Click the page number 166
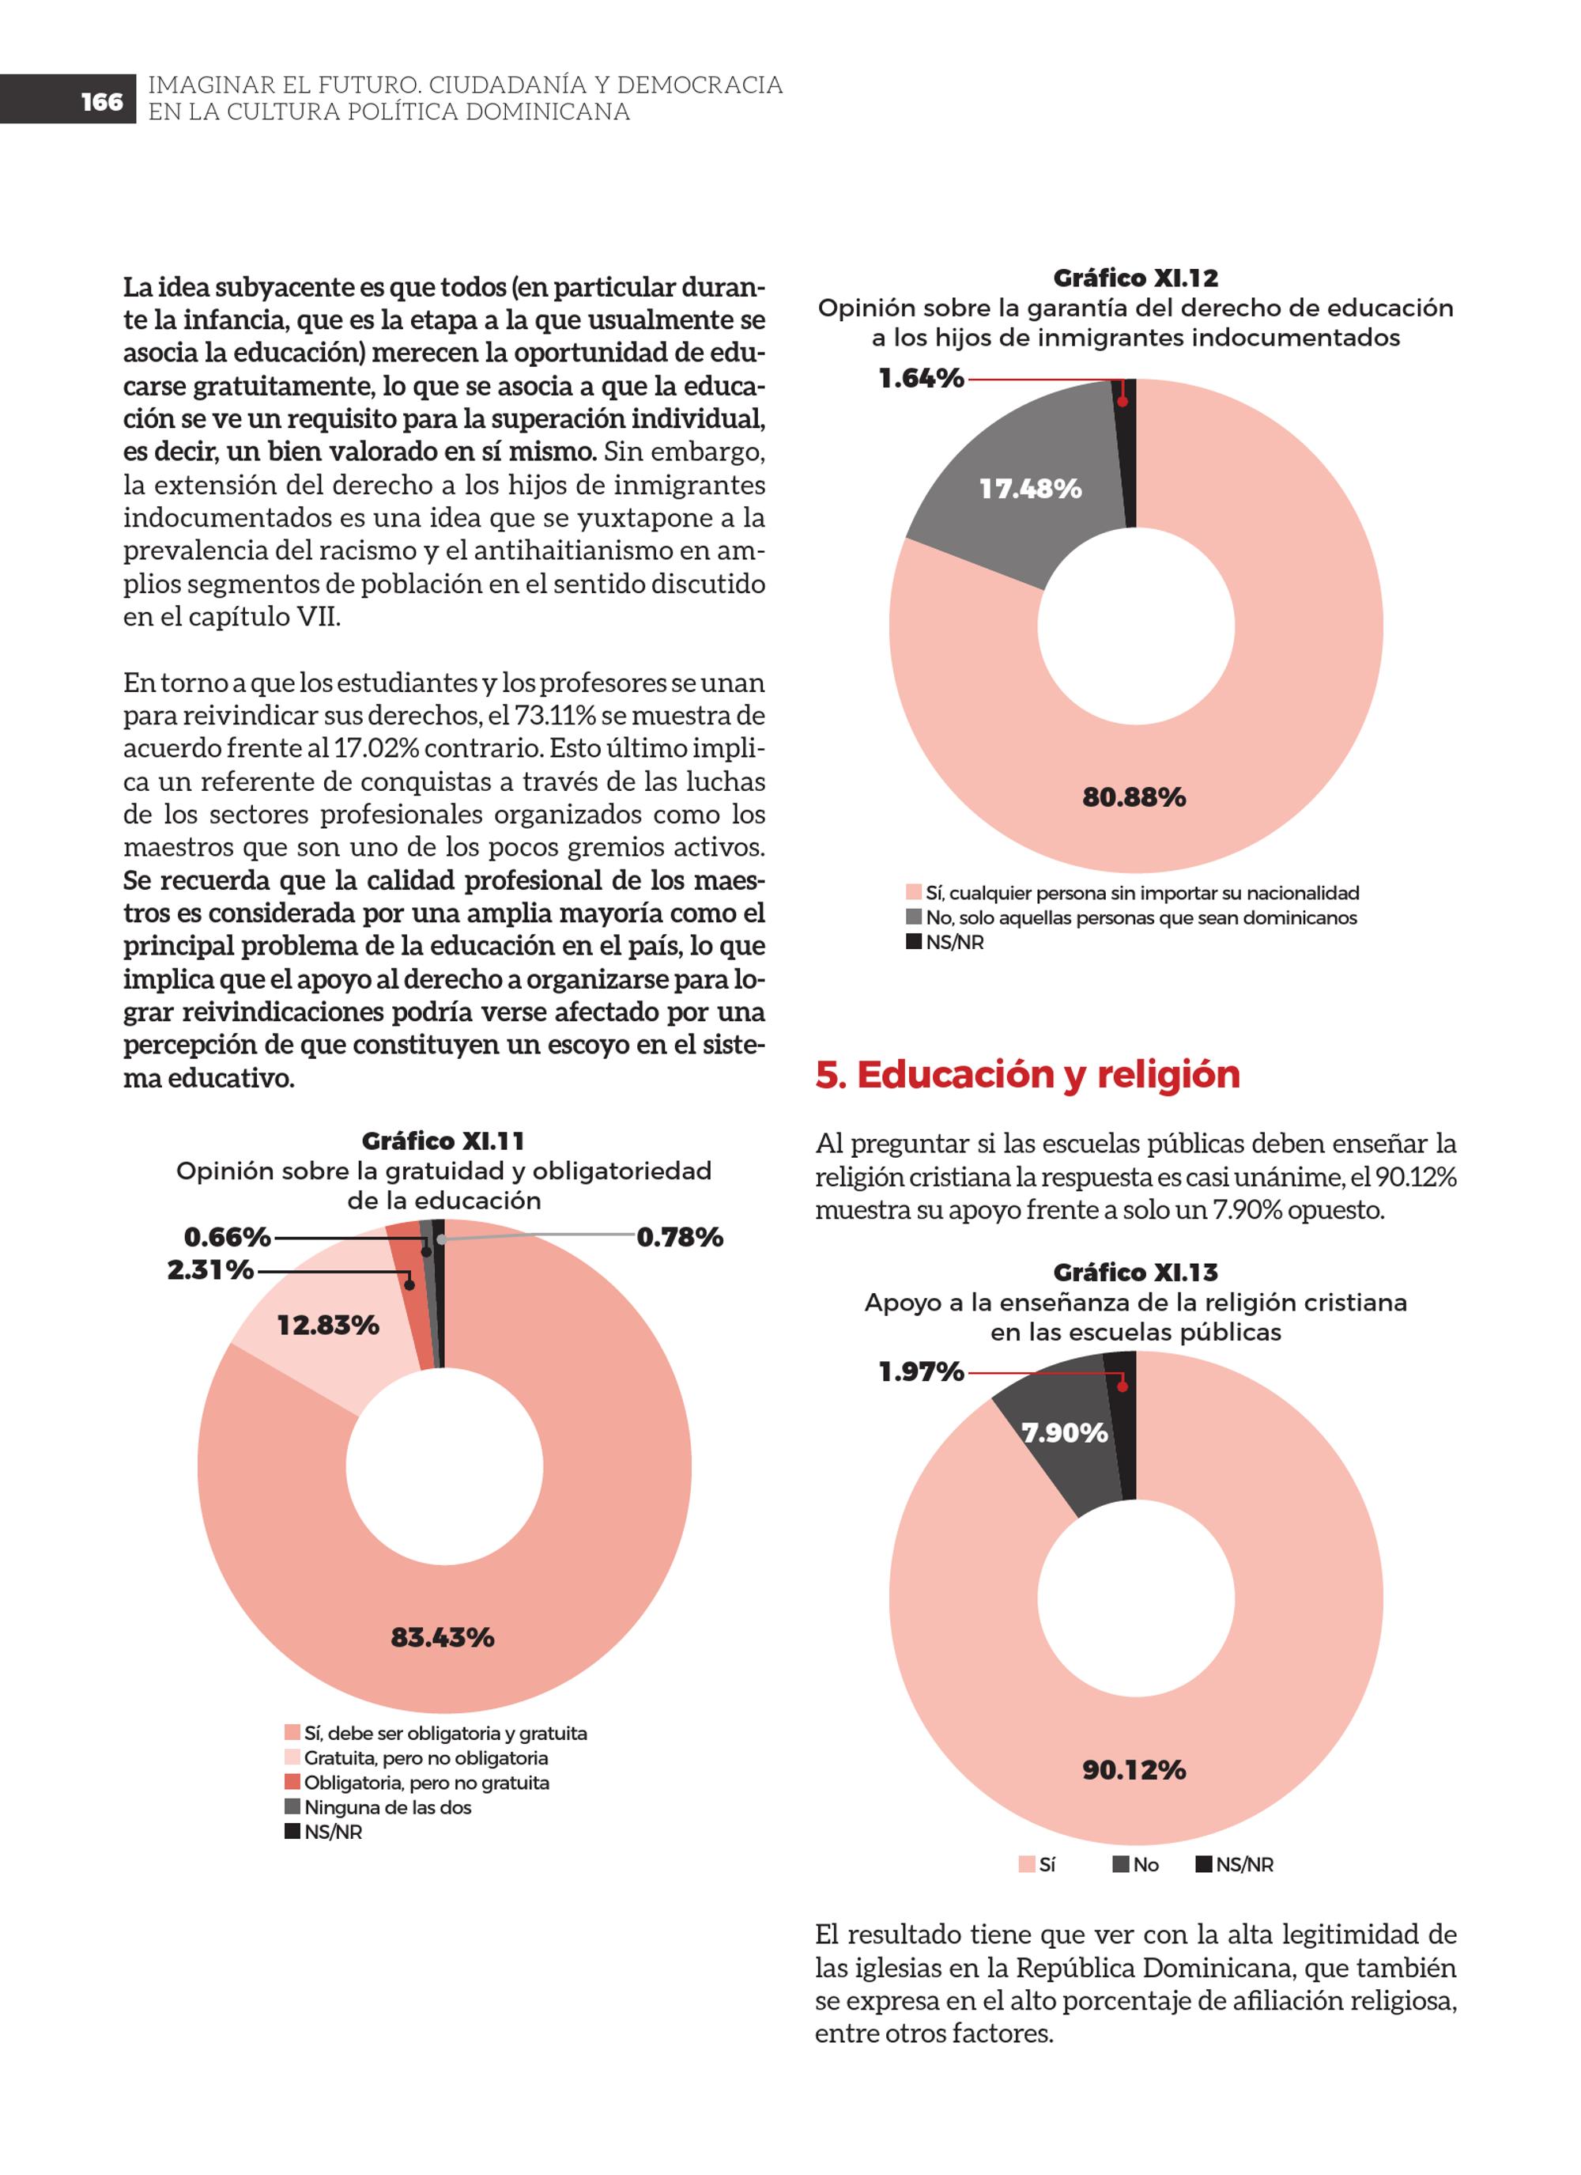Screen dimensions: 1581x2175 pos(102,102)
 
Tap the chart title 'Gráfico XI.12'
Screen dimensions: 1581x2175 pos(1135,278)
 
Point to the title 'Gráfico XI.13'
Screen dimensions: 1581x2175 pos(1135,1273)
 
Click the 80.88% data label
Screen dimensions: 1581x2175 pos(1134,797)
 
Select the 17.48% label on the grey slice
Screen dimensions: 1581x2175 pos(1031,489)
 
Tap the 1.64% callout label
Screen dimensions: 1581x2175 pos(922,379)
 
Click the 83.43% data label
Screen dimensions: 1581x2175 pos(442,1637)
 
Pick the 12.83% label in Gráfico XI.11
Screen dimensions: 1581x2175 pos(328,1326)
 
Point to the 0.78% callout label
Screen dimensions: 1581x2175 pos(680,1237)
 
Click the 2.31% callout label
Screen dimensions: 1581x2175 pos(210,1271)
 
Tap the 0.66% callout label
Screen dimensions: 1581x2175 pos(227,1237)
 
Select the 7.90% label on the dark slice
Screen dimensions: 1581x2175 pos(1064,1433)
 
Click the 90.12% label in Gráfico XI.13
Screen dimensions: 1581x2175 pos(1134,1769)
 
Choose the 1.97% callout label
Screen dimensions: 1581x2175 pos(922,1372)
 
